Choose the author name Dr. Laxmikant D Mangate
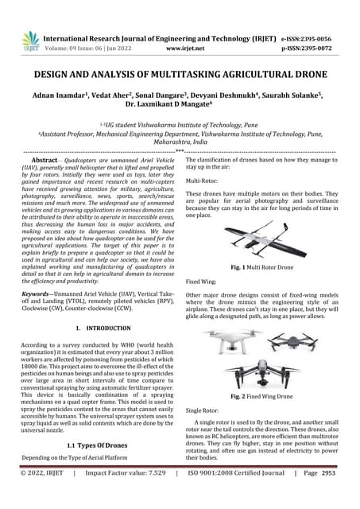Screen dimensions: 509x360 (180, 107)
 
